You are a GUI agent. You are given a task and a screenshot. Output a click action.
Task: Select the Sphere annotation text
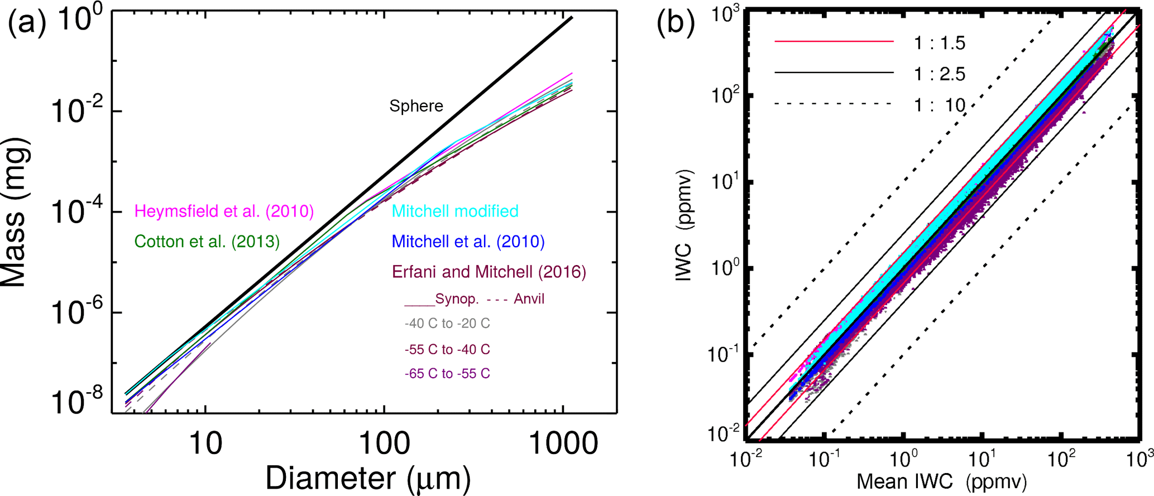[x=416, y=106]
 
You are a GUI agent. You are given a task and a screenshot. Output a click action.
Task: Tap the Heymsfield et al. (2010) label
[x=224, y=211]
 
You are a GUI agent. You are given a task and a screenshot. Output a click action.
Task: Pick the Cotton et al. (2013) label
[x=207, y=242]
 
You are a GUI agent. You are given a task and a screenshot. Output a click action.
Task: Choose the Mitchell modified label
[x=455, y=211]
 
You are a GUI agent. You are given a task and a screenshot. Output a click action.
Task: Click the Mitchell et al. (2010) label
[x=468, y=242]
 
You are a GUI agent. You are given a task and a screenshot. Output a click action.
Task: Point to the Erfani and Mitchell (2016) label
[x=489, y=272]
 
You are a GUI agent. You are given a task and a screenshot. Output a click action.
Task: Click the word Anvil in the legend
[x=529, y=299]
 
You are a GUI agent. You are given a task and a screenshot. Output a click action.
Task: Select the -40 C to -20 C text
[x=447, y=324]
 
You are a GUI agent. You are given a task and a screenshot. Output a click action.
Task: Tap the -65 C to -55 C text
[x=447, y=373]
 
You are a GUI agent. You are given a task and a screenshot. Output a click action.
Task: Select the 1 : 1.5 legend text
[x=939, y=44]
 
